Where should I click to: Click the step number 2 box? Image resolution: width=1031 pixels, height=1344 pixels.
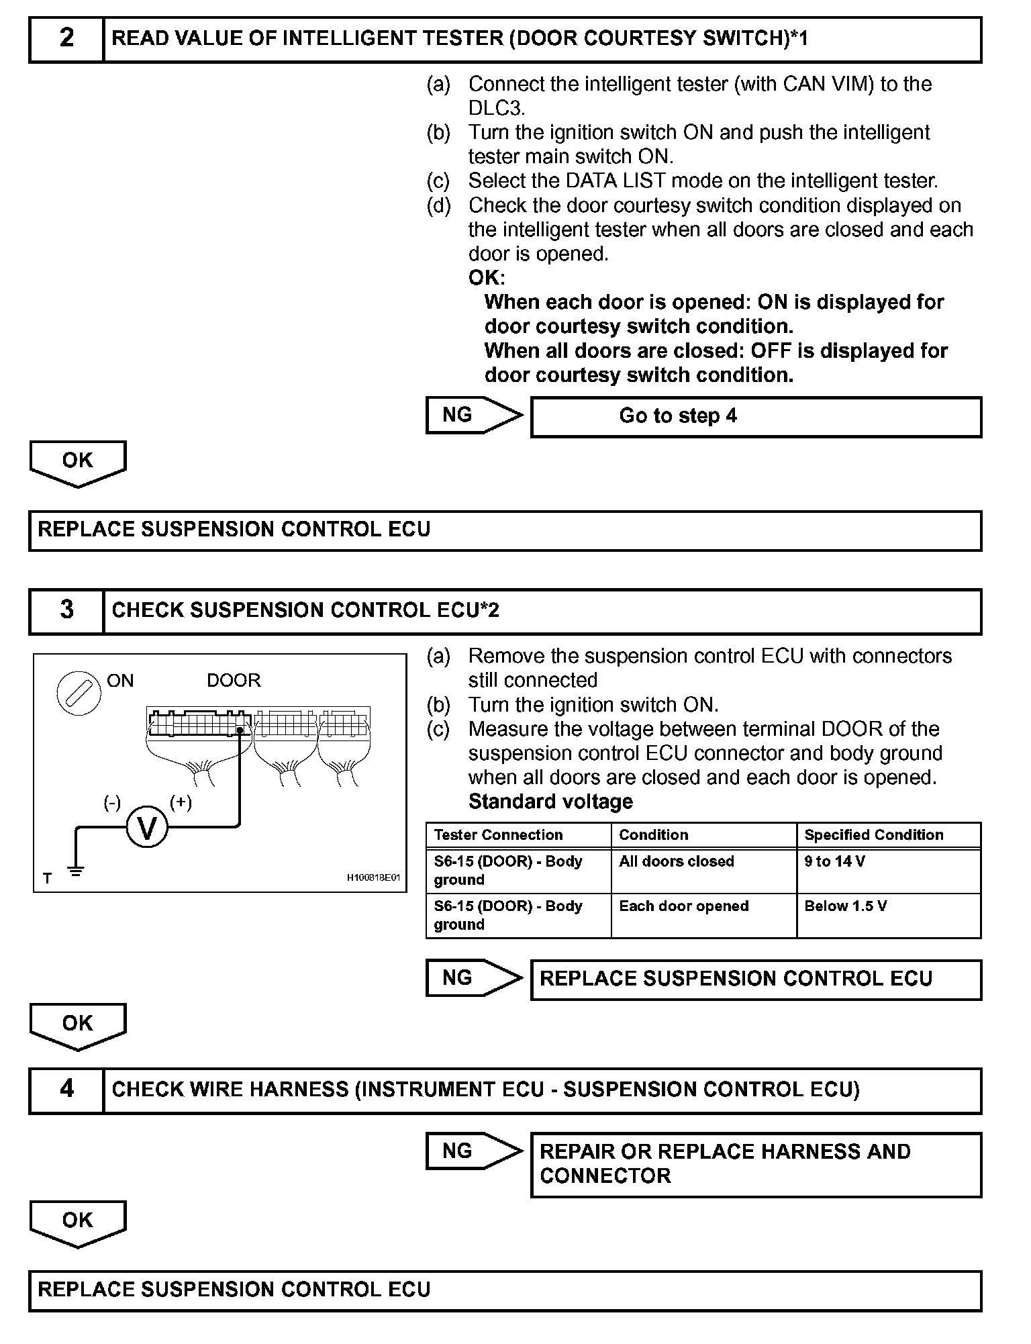coord(66,39)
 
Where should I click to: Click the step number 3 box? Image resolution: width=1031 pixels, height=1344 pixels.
coord(66,610)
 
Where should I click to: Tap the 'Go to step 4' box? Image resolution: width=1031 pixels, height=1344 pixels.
coord(755,417)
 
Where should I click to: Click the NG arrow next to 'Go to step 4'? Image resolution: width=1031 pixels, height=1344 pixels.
coord(473,416)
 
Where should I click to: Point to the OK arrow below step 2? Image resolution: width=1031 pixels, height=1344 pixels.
coord(78,463)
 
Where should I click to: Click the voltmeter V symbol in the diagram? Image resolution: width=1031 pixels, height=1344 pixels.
coord(147,828)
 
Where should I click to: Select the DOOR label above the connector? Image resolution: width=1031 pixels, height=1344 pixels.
coord(234,681)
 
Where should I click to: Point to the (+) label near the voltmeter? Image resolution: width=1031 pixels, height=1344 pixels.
coord(181,802)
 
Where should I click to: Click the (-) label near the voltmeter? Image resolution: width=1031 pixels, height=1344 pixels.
coord(112,802)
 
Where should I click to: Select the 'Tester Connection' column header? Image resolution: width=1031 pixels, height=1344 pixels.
coord(499,835)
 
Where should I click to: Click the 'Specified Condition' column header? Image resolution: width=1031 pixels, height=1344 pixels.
coord(874,835)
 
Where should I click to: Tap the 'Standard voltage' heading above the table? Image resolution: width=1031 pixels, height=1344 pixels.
coord(550,802)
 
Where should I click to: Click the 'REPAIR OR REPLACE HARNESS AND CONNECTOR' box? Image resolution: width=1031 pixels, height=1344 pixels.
coord(755,1165)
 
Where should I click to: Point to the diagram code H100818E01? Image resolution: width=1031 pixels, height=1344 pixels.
coord(373,877)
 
